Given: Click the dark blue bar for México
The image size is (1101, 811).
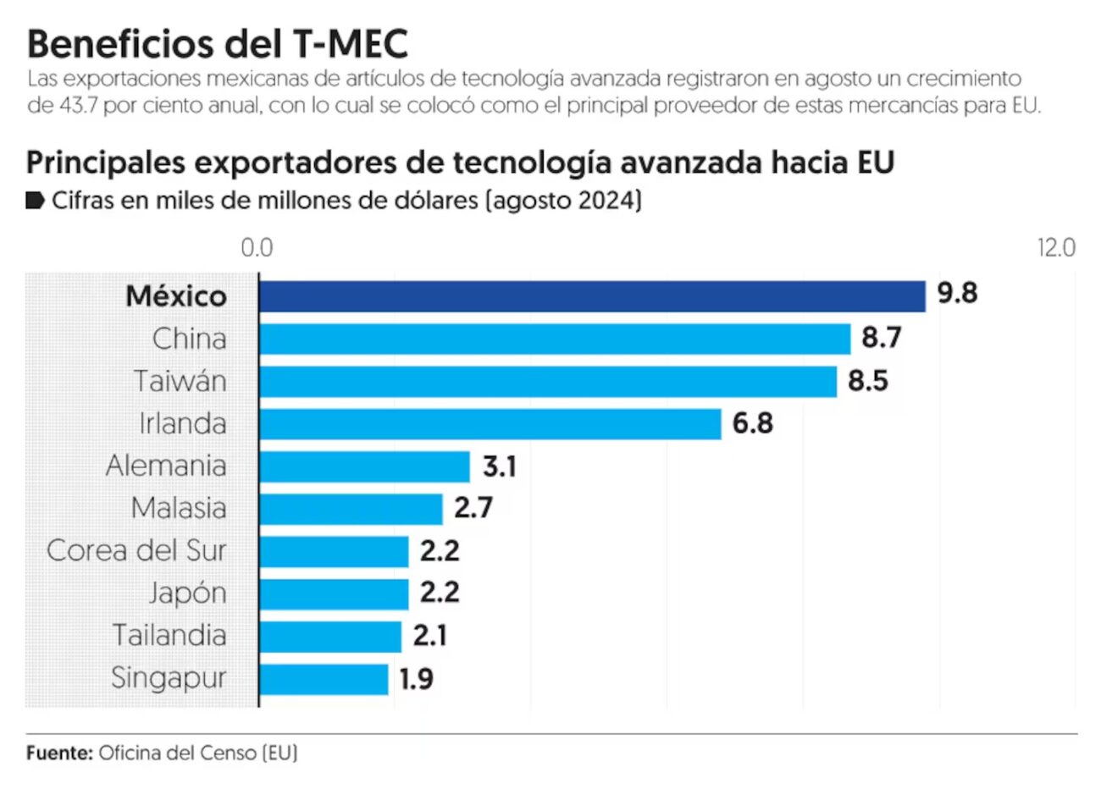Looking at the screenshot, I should tap(592, 296).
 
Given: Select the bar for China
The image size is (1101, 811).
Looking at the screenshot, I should tap(555, 339).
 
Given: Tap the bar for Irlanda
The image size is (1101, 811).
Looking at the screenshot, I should tap(490, 423).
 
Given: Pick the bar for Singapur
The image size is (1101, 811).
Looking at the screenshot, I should tap(324, 679).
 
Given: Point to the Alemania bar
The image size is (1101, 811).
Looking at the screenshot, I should tap(364, 466).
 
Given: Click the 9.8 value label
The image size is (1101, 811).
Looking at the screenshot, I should tap(957, 293).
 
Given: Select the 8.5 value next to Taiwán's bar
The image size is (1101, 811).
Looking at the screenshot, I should tap(868, 381).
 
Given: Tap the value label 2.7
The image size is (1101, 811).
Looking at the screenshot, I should tap(473, 508).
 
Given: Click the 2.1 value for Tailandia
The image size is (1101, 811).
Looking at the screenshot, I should tap(430, 636).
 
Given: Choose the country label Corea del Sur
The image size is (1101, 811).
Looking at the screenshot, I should tap(136, 550).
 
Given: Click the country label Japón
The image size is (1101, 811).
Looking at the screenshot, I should tap(187, 593).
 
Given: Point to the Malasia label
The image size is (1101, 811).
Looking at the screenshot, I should tap(179, 508).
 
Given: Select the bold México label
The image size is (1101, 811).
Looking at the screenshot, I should tap(176, 296).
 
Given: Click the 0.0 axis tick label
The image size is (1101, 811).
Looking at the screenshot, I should tap(257, 248).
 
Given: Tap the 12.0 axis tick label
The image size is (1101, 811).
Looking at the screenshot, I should tap(1056, 248).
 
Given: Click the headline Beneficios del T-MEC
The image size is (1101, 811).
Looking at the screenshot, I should tap(218, 43).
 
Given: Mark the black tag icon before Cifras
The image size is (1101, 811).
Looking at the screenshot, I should tap(35, 201).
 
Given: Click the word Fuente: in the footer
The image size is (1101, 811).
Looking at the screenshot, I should tap(59, 753).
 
